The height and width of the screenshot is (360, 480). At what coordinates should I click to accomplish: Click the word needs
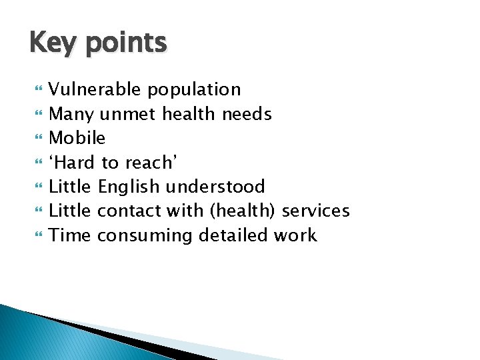pos(246,114)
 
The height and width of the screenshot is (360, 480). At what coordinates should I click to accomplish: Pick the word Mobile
pos(77,138)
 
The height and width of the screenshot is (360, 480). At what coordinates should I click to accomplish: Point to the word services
pos(315,211)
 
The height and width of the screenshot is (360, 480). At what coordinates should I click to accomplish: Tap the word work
pos(295,235)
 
